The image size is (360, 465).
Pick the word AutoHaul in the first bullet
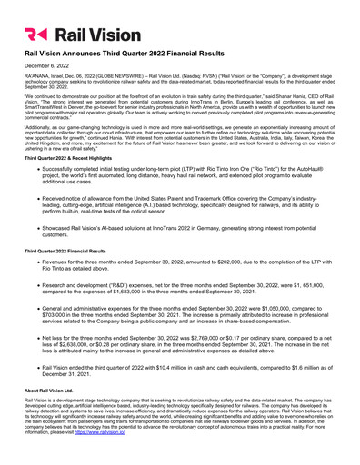pyautogui.click(x=312, y=170)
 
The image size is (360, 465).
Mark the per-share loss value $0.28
pyautogui.click(x=122, y=345)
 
